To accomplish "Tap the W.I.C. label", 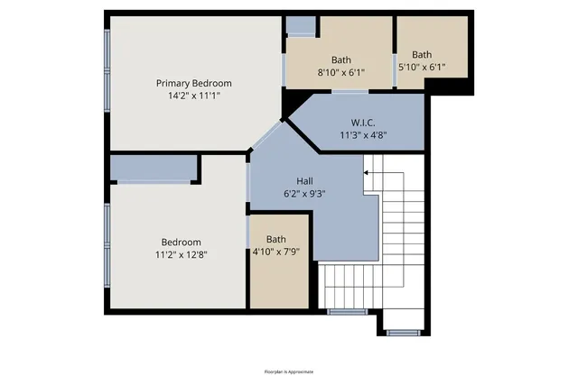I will tap(363, 123).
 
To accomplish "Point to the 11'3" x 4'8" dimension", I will tap(363, 135).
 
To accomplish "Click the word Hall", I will tap(304, 179).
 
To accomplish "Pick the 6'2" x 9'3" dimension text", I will tap(304, 192).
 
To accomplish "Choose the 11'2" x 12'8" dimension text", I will tap(181, 254).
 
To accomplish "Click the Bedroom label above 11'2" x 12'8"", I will tap(181, 242).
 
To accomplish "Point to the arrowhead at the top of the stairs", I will tap(366, 170).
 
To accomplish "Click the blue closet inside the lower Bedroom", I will tap(154, 168).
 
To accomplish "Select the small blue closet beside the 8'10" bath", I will tap(301, 25).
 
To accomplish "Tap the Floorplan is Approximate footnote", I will tap(289, 371).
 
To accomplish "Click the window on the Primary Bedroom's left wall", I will tap(107, 63).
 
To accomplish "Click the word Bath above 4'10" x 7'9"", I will tap(275, 239).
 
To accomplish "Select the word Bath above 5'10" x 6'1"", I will tap(422, 54).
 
